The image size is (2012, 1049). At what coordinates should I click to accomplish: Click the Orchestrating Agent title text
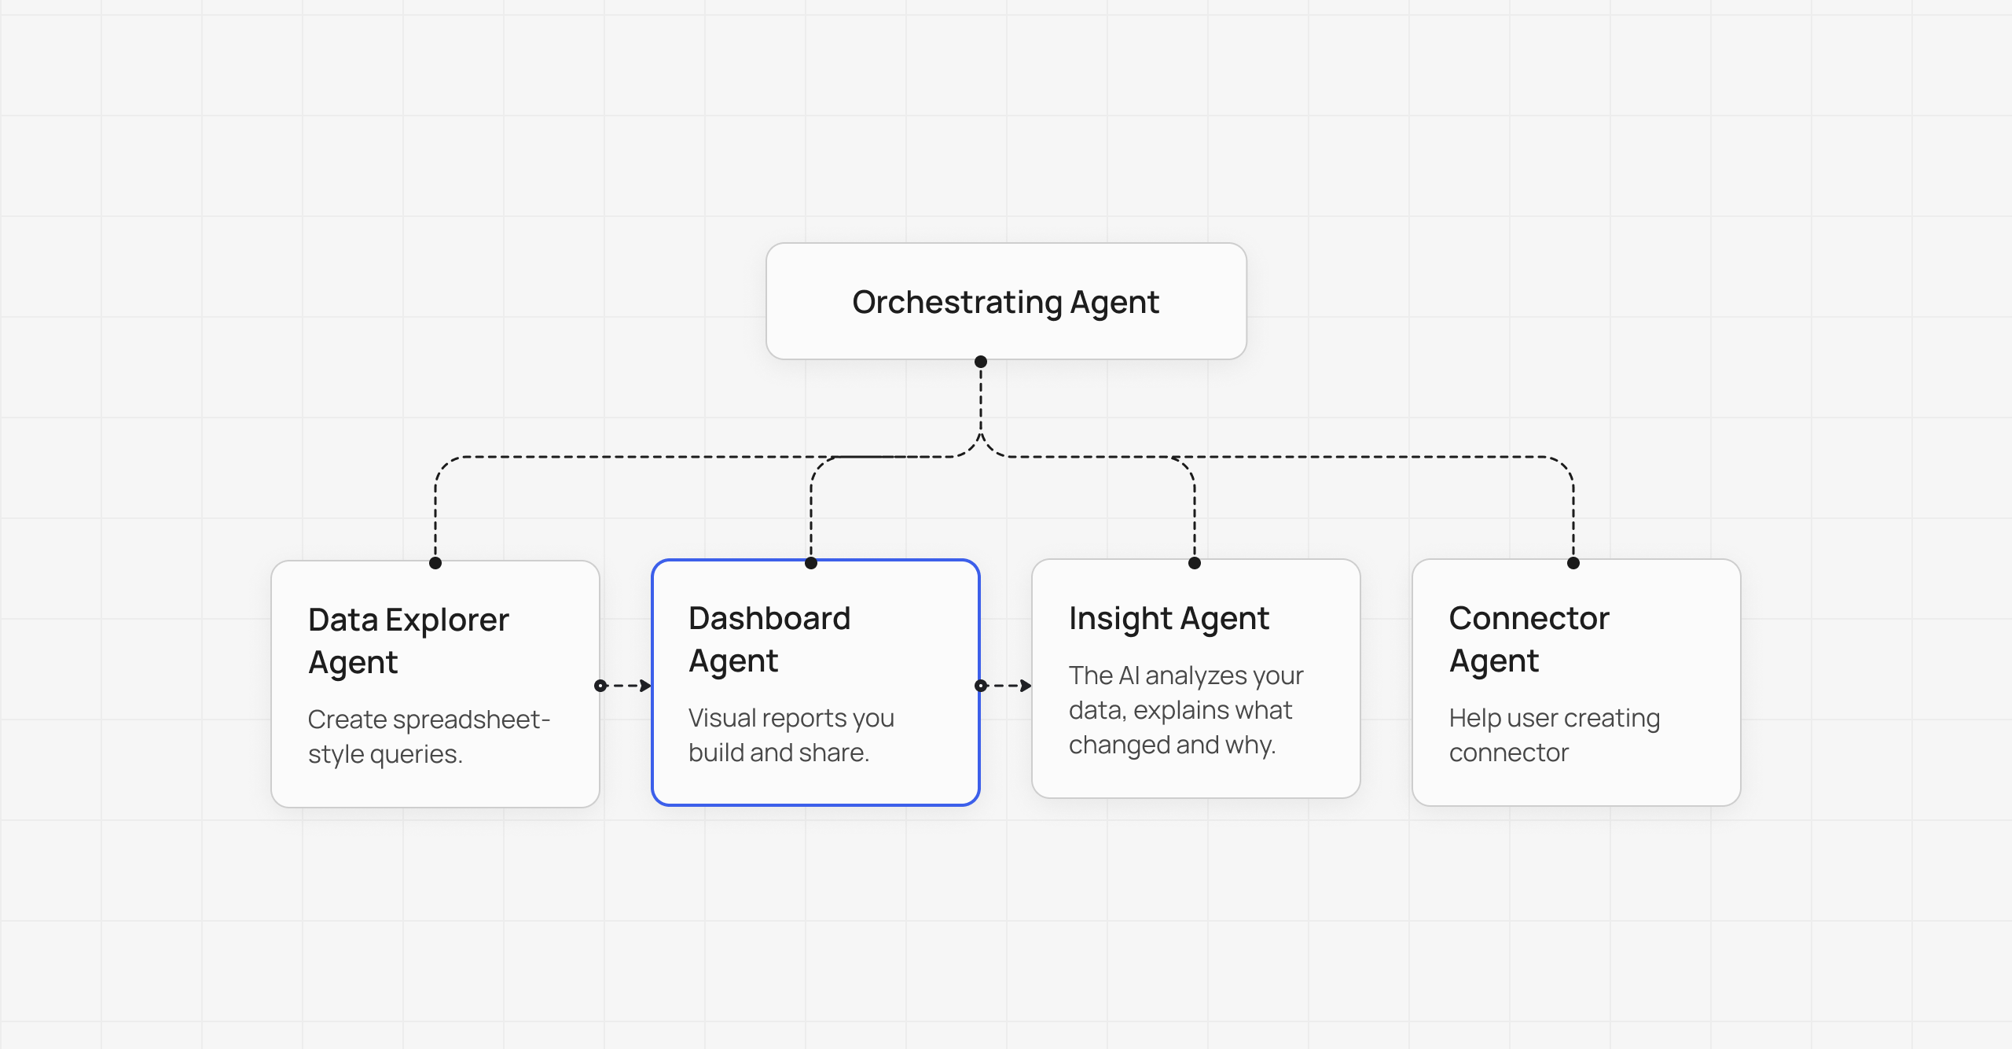tap(1005, 303)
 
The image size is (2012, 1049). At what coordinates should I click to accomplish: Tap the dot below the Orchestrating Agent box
tap(981, 362)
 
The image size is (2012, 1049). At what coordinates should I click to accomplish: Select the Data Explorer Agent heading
tap(409, 641)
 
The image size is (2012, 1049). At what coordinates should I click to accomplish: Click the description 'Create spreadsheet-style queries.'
tap(429, 737)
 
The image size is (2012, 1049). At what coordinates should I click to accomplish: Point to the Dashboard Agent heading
tap(769, 639)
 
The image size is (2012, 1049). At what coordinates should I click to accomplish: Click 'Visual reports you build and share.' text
tap(791, 735)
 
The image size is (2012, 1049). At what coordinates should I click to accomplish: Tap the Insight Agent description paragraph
tap(1186, 710)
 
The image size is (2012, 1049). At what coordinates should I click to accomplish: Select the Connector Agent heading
tap(1529, 639)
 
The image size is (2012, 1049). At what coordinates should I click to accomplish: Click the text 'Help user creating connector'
tap(1555, 735)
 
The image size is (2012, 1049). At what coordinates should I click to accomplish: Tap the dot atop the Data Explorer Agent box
tap(435, 563)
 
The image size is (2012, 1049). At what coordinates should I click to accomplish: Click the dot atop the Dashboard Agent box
tap(811, 563)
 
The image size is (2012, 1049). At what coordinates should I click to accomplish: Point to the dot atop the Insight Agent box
tap(1195, 563)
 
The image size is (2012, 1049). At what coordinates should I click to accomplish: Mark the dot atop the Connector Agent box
tap(1573, 563)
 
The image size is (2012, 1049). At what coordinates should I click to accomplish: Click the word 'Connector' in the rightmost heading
tap(1529, 618)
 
